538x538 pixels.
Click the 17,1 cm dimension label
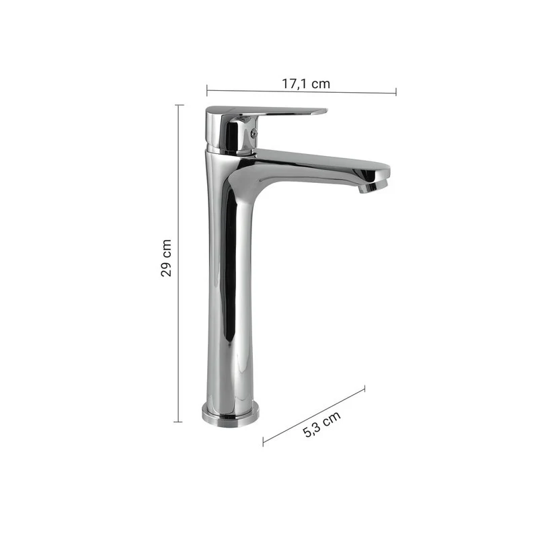pyautogui.click(x=306, y=83)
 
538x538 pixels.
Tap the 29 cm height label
pyautogui.click(x=166, y=258)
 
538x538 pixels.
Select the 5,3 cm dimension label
pyautogui.click(x=322, y=424)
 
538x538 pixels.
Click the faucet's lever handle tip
pyautogui.click(x=324, y=111)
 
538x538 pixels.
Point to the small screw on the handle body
pyautogui.click(x=254, y=133)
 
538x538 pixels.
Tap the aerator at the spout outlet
pyautogui.click(x=373, y=186)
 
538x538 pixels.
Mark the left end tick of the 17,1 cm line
pyautogui.click(x=207, y=90)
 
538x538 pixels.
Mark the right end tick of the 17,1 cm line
pyautogui.click(x=396, y=92)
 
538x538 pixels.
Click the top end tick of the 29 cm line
pyautogui.click(x=179, y=105)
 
